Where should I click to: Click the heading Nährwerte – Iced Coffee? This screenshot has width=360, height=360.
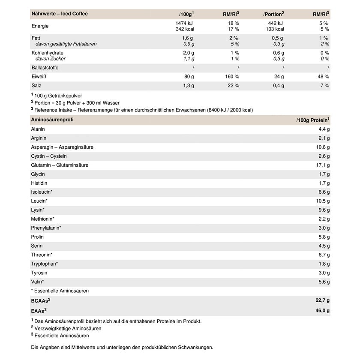[x=60, y=14]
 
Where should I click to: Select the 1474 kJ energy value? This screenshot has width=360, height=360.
[x=185, y=23]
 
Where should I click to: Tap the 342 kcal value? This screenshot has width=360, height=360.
[x=185, y=29]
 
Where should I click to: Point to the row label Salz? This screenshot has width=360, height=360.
[x=37, y=86]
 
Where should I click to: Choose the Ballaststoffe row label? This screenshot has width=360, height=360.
[x=45, y=68]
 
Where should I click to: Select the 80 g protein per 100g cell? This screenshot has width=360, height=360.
[x=189, y=77]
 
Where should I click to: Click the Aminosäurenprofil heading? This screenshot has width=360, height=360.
[x=52, y=120]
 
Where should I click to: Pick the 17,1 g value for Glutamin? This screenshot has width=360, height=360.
[x=323, y=165]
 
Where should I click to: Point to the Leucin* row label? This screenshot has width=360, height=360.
[x=39, y=201]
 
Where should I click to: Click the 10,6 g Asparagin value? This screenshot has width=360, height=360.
[x=323, y=147]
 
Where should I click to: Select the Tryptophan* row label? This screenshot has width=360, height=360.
[x=45, y=264]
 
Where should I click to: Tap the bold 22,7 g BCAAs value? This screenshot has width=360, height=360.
[x=322, y=300]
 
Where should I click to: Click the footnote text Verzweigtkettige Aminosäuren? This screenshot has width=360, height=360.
[x=68, y=328]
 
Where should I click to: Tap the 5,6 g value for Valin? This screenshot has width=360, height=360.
[x=324, y=282]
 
